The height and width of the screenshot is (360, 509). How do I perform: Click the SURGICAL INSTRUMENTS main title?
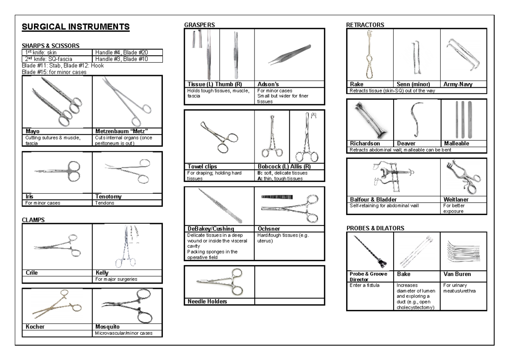75,28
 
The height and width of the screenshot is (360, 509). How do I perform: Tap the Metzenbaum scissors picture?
126,102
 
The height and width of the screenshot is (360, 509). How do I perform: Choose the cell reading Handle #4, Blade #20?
121,52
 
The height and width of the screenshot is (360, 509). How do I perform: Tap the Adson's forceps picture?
289,54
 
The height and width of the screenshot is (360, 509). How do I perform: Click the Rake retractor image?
369,54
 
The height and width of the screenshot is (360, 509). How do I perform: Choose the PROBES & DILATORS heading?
375,228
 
